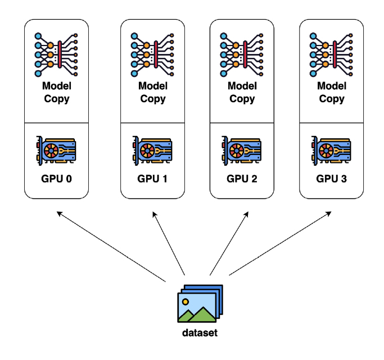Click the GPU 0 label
tap(56, 179)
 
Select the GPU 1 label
tap(152, 179)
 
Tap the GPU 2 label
tap(242, 179)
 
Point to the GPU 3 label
tap(331, 179)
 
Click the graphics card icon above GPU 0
tap(56, 149)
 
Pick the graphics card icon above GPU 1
tap(152, 149)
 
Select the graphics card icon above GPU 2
tap(242, 149)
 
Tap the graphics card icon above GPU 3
tap(331, 149)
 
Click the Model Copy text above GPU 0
tap(56, 93)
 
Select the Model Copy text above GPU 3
tap(331, 93)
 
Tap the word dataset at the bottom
tap(200, 332)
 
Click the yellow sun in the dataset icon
tap(185, 302)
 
